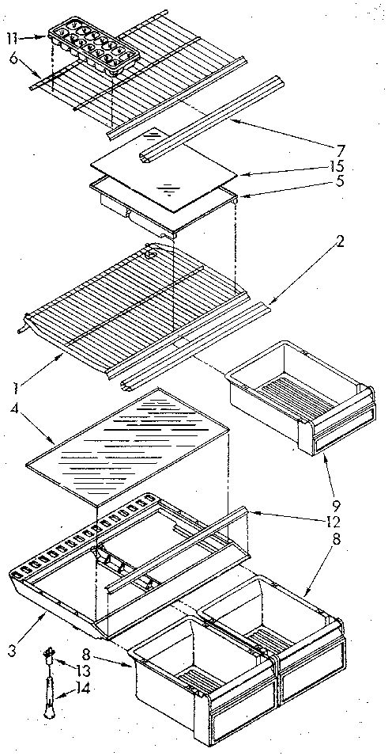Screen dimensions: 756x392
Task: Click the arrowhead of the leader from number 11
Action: click(x=47, y=36)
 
